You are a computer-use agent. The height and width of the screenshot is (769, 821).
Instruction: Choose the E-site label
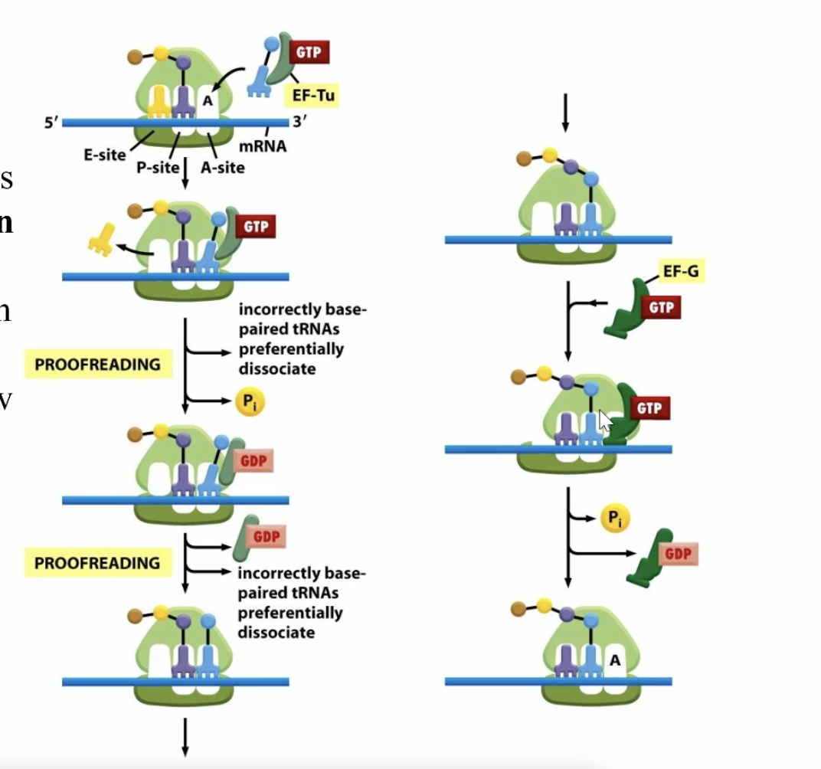[104, 155]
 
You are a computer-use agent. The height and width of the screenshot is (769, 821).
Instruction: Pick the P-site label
[157, 168]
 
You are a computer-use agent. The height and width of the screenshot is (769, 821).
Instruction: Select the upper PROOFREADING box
[97, 364]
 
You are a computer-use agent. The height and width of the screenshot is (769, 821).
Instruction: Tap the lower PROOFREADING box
[97, 563]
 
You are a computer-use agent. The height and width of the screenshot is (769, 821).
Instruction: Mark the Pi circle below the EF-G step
[614, 519]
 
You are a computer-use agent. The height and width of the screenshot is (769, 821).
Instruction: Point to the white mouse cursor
[605, 420]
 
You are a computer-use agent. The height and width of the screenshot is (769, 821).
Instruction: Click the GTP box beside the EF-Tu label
[309, 52]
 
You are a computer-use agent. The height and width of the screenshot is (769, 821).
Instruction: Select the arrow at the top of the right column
[564, 113]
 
